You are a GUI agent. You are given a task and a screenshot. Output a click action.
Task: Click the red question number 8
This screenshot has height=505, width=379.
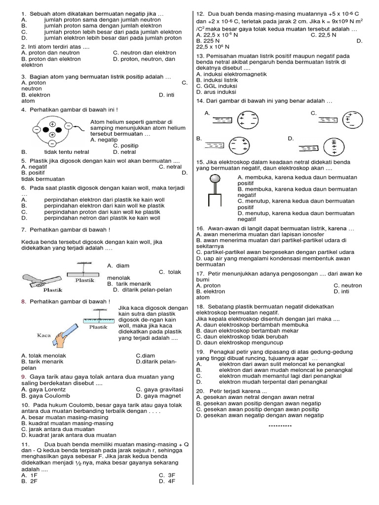point(24,301)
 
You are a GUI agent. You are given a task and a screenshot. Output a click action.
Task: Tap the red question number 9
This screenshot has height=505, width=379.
point(24,377)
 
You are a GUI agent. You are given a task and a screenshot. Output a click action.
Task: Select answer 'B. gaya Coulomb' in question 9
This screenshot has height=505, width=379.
point(44,396)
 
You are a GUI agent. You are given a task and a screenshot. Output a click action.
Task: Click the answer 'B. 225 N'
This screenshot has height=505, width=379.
point(208,41)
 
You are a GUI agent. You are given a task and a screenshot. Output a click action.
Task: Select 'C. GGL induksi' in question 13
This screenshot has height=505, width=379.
point(216,86)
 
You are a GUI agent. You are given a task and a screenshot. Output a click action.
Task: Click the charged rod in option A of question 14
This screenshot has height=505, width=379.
point(223,120)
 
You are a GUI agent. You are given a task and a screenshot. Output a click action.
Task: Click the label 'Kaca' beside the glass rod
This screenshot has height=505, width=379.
point(44,335)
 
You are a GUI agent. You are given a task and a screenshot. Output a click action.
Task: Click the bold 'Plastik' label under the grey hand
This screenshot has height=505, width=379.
point(52,290)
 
